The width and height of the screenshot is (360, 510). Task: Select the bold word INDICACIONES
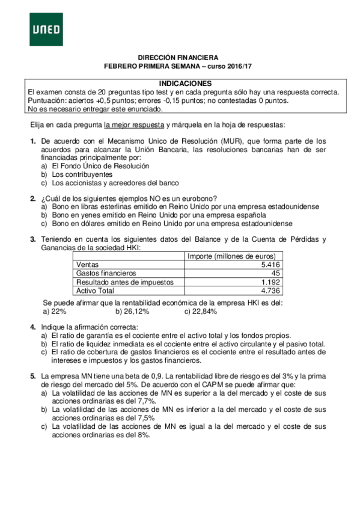(x=185, y=83)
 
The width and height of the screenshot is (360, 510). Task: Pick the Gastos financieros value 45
(x=275, y=272)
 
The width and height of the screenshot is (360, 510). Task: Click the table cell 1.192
(x=270, y=281)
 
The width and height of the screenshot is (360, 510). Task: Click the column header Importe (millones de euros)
(x=231, y=256)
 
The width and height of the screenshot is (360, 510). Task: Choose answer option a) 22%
(x=55, y=312)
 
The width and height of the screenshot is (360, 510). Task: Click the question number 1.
(x=33, y=140)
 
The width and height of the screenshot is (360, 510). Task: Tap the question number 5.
(x=33, y=376)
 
